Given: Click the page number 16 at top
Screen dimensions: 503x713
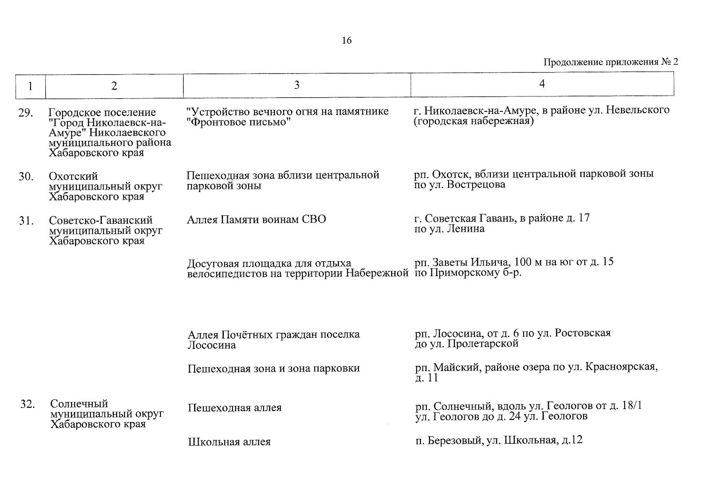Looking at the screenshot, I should (347, 41).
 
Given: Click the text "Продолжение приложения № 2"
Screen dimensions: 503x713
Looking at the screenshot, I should (610, 62).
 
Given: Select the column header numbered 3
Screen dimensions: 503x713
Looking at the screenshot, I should (297, 85).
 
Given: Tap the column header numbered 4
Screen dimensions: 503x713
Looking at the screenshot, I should (542, 84).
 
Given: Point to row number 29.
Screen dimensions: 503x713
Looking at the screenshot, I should (26, 113).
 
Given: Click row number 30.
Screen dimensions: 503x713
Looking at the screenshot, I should (26, 176).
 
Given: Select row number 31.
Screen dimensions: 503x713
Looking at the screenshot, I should (26, 220).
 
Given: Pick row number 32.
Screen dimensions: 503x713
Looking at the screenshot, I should (27, 404).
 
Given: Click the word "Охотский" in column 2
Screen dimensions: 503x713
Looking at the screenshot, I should (73, 176).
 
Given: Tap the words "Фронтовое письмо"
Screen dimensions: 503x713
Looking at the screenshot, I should (239, 122).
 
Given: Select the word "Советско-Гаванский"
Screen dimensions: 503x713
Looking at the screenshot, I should (101, 220).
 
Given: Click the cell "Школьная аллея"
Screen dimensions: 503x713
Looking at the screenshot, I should (229, 442).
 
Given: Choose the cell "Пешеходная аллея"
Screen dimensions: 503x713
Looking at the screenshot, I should (234, 407).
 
